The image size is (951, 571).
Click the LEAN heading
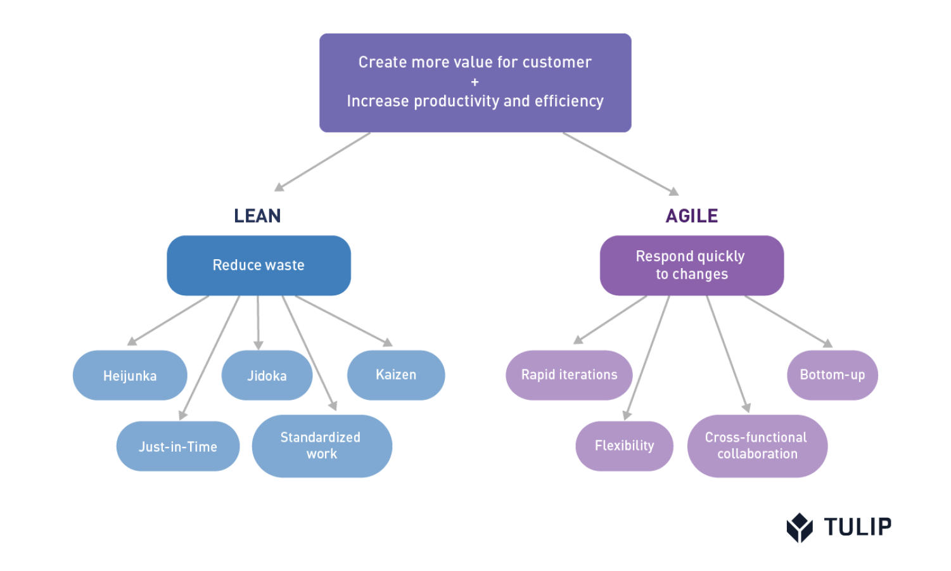257,215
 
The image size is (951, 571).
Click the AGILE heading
692,215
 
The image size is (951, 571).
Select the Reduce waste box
259,266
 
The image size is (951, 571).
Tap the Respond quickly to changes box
692,266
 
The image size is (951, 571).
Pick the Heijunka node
130,375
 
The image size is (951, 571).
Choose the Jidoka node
267,375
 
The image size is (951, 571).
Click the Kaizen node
396,375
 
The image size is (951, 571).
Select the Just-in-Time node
178,446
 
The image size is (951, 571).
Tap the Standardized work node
322,446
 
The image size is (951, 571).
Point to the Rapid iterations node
569,375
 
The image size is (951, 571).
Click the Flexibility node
625,446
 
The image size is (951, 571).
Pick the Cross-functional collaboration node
757,446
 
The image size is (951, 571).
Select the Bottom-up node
833,375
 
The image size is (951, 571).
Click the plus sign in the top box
475,82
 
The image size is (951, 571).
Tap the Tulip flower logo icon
800,528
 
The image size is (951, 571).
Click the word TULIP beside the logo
858,527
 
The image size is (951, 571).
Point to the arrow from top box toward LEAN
322,162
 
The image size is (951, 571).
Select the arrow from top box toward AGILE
621,164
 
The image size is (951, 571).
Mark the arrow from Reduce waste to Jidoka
258,323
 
